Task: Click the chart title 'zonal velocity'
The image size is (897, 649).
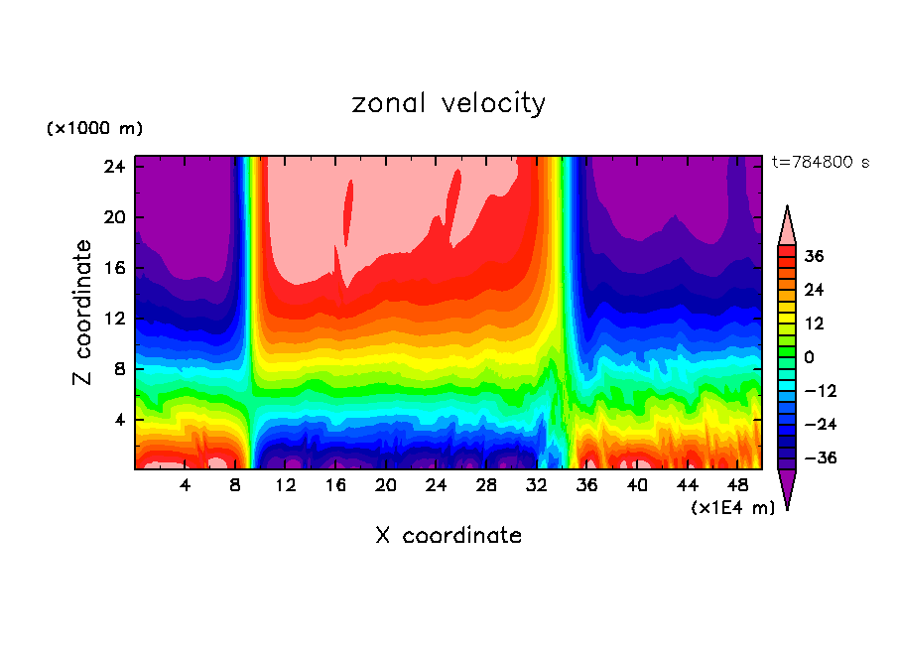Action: (448, 103)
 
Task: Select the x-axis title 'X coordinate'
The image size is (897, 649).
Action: (448, 536)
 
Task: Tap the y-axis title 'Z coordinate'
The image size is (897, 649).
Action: (83, 313)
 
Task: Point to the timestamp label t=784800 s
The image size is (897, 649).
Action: (821, 162)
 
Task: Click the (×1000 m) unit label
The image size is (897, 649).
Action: (95, 129)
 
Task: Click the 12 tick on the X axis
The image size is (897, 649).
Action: (286, 485)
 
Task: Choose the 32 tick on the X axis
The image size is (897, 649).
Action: (537, 485)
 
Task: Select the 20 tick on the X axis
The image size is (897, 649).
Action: (386, 485)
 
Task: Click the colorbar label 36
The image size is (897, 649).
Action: (815, 256)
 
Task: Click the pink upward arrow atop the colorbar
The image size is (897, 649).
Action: (788, 225)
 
